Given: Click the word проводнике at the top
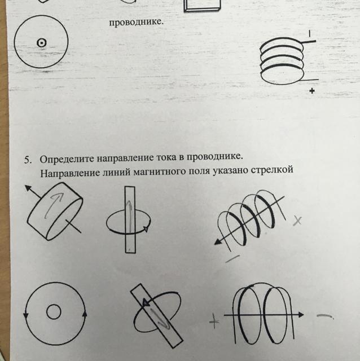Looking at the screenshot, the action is [136, 23].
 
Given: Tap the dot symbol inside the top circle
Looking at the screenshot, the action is [41, 43].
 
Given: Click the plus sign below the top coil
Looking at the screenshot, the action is [312, 91].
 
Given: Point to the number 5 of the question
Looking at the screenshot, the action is [28, 160].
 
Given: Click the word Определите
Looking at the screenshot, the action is [67, 159].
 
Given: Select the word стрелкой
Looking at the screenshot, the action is [272, 170].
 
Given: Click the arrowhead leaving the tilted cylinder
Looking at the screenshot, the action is [29, 188].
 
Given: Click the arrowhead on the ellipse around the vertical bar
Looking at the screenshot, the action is [146, 228].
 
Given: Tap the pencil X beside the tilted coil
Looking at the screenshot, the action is [297, 221].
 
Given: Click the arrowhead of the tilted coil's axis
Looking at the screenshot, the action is [218, 241].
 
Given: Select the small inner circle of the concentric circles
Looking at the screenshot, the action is [54, 312].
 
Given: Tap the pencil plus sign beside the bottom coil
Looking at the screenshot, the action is [214, 321].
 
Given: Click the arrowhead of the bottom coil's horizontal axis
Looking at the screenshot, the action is [301, 315].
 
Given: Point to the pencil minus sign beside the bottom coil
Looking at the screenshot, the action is [325, 316].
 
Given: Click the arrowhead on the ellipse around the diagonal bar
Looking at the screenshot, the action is [146, 302].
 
